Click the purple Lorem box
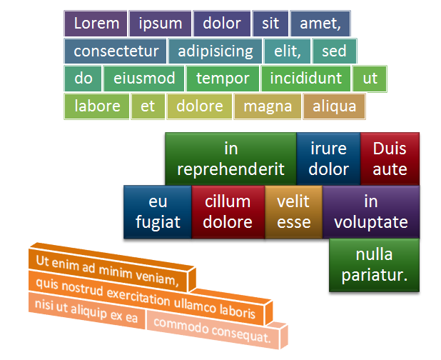click(96, 24)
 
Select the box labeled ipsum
click(161, 24)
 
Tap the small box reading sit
click(270, 24)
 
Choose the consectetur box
click(116, 51)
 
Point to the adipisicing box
click(216, 51)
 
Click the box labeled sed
click(335, 51)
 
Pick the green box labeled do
click(83, 79)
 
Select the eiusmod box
click(144, 79)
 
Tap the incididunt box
click(306, 79)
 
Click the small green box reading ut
click(370, 79)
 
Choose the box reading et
click(148, 106)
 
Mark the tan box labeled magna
click(268, 106)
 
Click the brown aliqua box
click(334, 106)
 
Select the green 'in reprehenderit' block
click(231, 159)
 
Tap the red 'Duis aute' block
click(390, 159)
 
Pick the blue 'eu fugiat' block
click(158, 212)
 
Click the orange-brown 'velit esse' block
click(293, 212)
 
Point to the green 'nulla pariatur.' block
click(375, 265)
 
